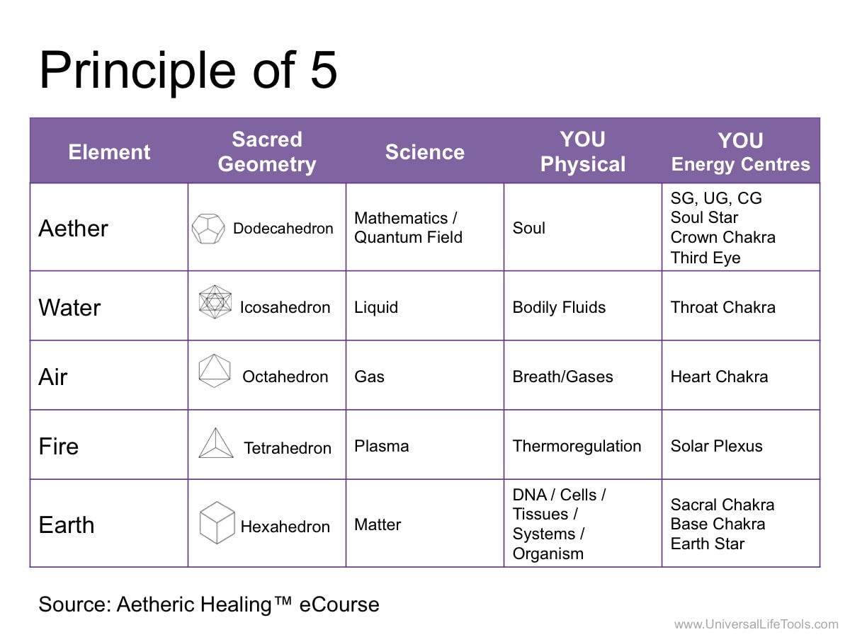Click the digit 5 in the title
[324, 70]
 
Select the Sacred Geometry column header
[267, 151]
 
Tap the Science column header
[425, 151]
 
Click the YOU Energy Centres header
[740, 151]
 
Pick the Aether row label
[73, 228]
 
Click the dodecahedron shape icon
[208, 229]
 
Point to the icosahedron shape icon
[215, 302]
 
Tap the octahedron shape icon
[215, 370]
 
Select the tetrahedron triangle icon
[216, 443]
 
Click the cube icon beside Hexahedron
[217, 522]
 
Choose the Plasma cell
[381, 446]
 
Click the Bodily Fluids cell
[559, 307]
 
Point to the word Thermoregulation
[577, 446]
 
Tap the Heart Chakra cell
[719, 377]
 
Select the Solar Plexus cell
[716, 446]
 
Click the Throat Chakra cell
[723, 307]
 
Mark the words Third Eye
[705, 258]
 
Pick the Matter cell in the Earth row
[378, 525]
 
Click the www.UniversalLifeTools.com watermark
[756, 624]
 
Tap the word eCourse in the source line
[339, 604]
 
